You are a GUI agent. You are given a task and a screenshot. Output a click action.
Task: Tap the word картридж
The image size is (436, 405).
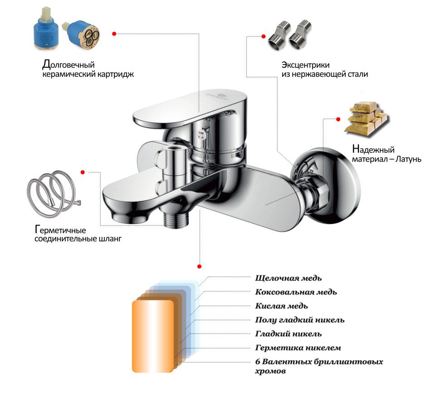114,74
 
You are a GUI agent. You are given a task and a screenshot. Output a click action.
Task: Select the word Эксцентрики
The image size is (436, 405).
305,65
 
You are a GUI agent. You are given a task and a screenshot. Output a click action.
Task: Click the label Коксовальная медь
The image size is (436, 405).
296,292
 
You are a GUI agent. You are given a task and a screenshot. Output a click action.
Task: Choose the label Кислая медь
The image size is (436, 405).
282,306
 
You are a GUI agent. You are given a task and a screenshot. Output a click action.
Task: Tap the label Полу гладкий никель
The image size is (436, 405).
299,320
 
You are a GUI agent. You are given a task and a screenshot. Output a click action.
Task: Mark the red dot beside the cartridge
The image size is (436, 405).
114,33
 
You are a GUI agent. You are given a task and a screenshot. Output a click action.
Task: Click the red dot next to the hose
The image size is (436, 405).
83,172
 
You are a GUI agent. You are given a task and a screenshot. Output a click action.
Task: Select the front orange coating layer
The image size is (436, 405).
152,335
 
